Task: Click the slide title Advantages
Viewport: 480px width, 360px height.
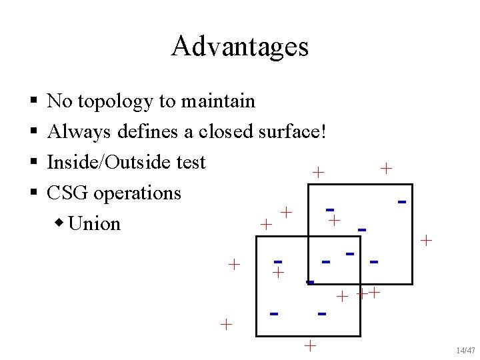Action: pos(239,47)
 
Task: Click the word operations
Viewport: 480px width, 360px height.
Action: pos(137,193)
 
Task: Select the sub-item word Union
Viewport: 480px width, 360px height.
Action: pos(94,223)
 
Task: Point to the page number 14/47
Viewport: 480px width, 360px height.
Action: pos(465,350)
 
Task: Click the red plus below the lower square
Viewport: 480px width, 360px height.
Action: pos(309,345)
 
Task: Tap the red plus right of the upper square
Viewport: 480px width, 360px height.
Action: pos(427,240)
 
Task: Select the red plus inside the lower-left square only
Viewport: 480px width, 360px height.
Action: pos(279,272)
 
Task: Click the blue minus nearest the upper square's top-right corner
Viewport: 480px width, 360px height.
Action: pos(402,201)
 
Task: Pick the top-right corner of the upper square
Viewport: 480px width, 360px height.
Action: pos(413,184)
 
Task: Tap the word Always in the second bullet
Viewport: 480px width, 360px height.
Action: pos(79,131)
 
